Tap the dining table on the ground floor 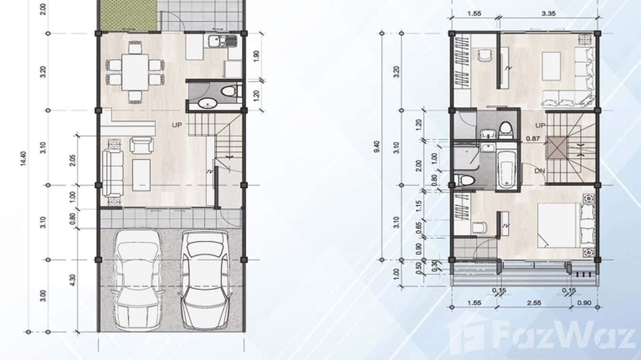135,72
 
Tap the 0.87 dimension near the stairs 533,138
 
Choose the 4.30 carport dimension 72,279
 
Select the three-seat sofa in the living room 112,172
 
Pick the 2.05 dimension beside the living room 72,160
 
